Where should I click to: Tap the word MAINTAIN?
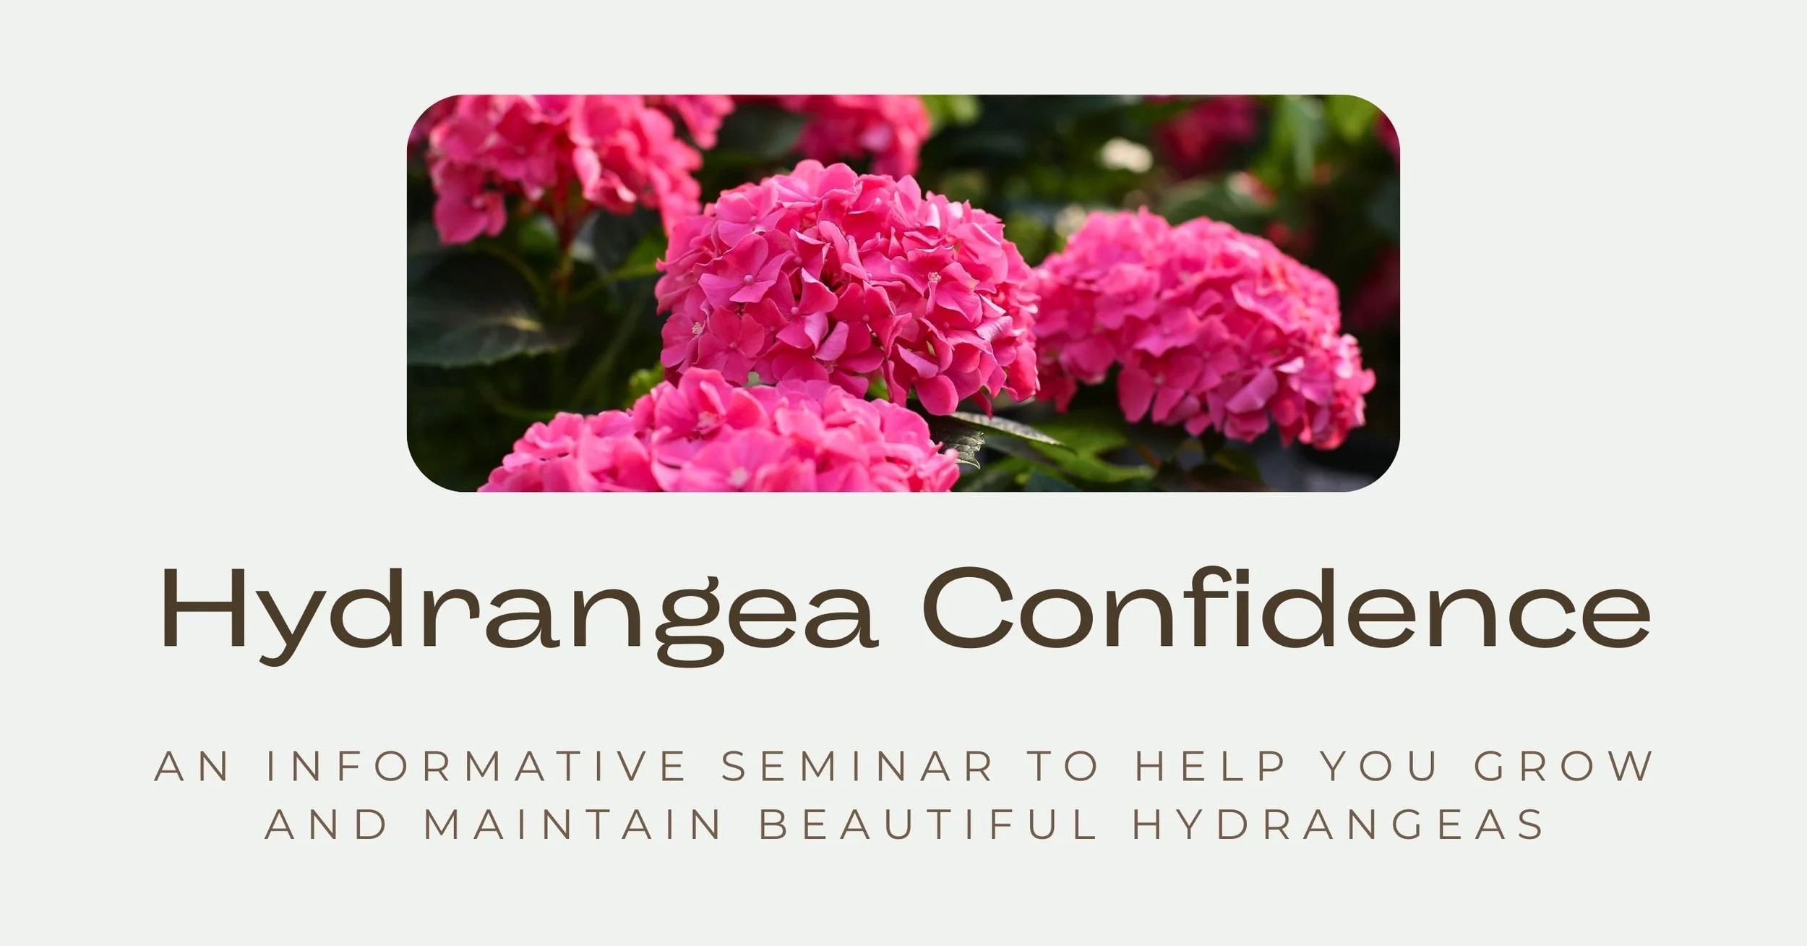[572, 825]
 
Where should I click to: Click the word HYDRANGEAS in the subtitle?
[1337, 825]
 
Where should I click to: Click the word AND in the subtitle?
[325, 825]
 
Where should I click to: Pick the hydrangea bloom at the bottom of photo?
[723, 441]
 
